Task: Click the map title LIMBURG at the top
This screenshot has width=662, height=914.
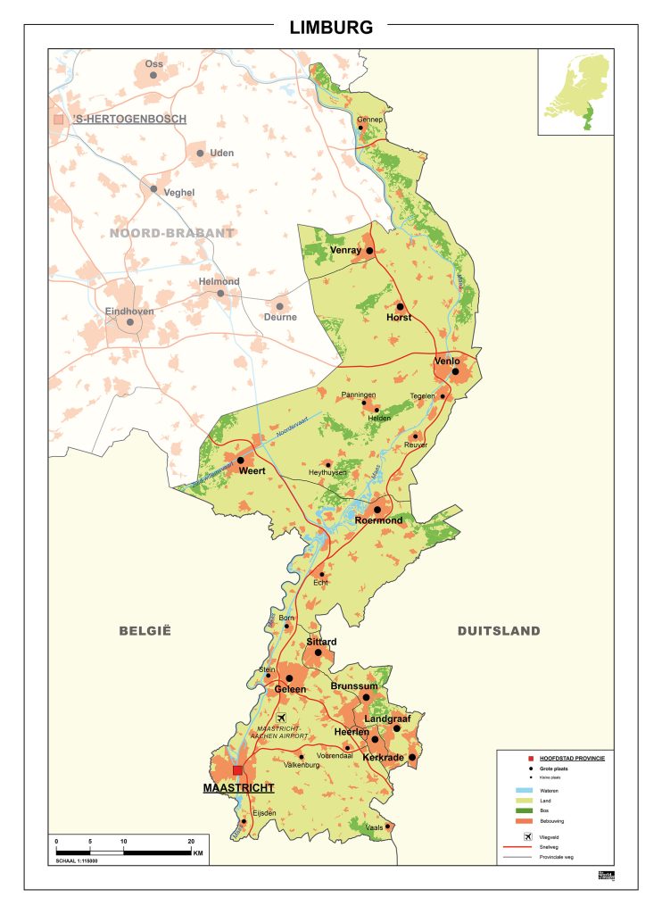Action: [331, 28]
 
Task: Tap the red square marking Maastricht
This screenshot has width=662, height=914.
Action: [237, 770]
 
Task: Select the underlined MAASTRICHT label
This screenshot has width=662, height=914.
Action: [238, 788]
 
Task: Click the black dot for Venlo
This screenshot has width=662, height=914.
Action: [455, 371]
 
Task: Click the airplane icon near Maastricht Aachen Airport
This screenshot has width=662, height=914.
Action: [283, 719]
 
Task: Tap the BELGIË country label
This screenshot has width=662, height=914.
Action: [145, 631]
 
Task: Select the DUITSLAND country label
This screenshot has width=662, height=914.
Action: [499, 631]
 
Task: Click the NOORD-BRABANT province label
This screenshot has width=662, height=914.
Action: [172, 234]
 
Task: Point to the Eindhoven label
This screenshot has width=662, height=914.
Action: [130, 312]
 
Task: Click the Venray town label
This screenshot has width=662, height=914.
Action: [344, 251]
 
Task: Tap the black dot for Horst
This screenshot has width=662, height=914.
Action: [401, 306]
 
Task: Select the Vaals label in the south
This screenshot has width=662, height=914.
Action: [375, 828]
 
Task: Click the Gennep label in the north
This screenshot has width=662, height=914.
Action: [369, 119]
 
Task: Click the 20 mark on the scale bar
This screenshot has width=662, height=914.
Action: [190, 842]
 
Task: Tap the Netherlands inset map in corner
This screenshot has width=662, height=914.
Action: [575, 91]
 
